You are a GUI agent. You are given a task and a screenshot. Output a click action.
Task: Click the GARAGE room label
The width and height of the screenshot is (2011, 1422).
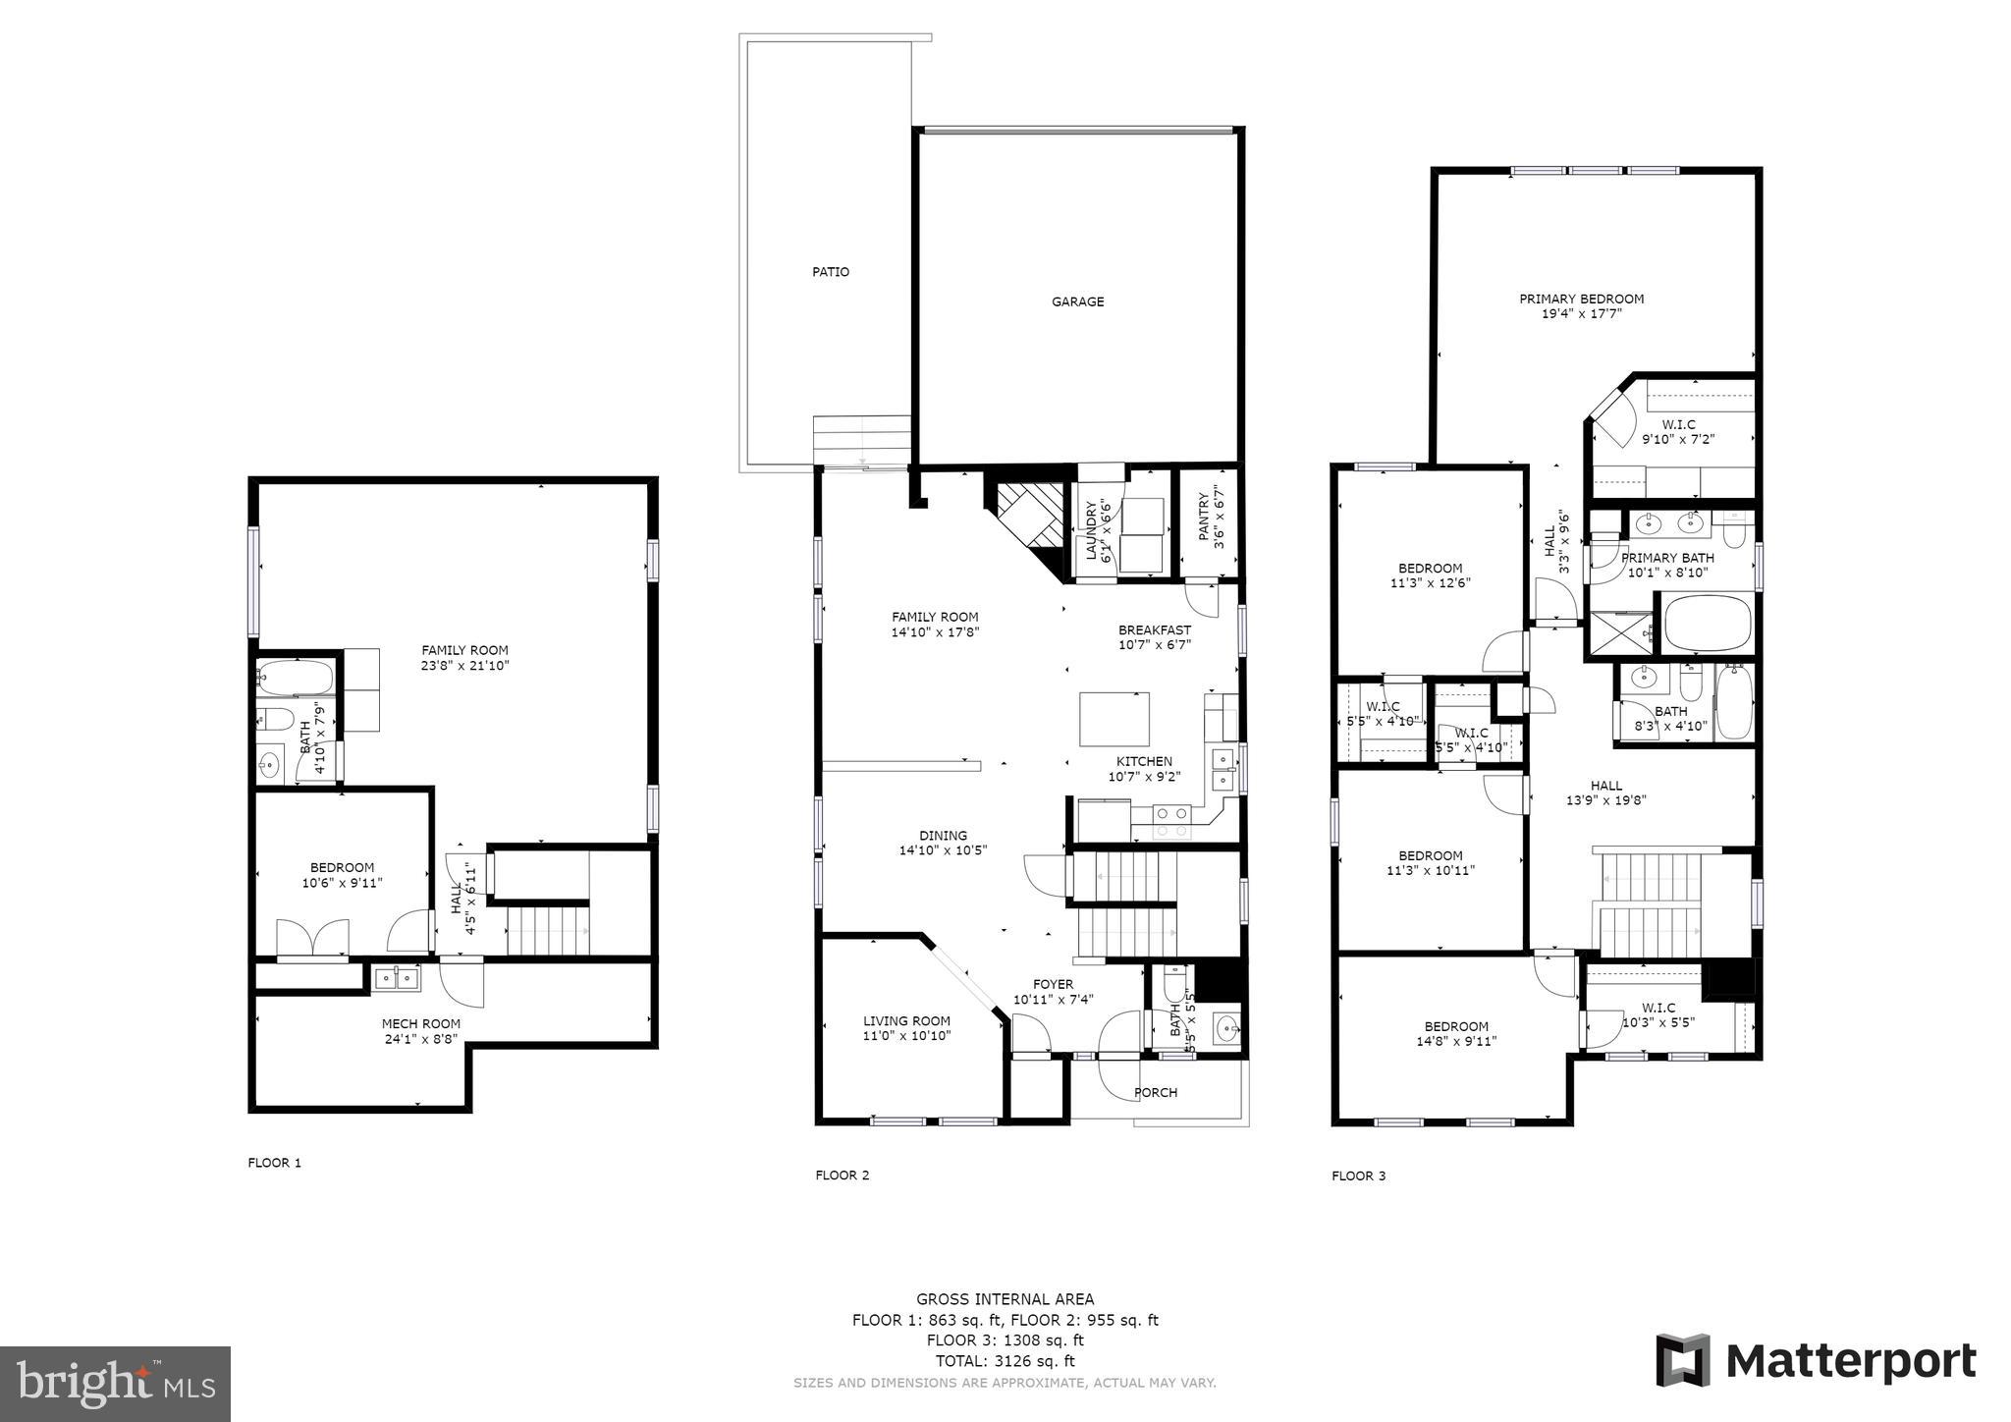click(1077, 301)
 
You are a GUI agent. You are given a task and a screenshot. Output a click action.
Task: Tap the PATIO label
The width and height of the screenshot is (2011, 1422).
click(831, 272)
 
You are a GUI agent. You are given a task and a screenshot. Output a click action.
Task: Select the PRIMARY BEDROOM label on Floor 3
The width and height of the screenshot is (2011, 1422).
click(1581, 299)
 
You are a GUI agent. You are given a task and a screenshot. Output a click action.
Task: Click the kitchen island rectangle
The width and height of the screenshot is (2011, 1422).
click(1114, 720)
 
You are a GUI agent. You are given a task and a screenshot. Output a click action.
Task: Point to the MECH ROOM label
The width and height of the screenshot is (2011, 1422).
click(421, 1023)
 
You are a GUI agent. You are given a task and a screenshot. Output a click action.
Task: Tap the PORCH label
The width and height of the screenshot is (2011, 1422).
click(1156, 1092)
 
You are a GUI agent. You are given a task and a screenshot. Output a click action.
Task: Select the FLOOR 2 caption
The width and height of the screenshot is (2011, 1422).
click(842, 1176)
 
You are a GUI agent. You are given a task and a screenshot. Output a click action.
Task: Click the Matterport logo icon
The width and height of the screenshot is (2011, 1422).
click(1683, 1361)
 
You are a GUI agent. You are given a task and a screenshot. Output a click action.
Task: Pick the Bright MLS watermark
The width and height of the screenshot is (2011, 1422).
click(116, 1384)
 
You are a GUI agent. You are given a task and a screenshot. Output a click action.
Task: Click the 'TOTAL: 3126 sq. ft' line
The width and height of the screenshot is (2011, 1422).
click(1005, 1361)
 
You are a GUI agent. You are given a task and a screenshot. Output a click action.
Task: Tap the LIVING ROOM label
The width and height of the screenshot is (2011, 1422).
click(906, 1020)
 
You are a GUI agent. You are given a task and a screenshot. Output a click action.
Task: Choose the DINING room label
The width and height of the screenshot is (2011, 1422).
click(943, 836)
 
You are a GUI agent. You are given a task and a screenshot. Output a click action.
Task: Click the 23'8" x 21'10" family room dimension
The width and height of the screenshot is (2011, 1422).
click(465, 665)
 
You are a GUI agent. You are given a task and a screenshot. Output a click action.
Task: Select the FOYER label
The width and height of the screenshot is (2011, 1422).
click(1053, 984)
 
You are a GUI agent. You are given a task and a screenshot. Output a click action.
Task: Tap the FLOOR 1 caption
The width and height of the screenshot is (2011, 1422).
click(274, 1163)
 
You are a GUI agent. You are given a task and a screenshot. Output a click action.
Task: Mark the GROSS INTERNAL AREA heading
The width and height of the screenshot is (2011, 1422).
click(1005, 1299)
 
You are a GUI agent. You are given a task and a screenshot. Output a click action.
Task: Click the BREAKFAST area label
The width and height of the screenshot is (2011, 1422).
click(1155, 630)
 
